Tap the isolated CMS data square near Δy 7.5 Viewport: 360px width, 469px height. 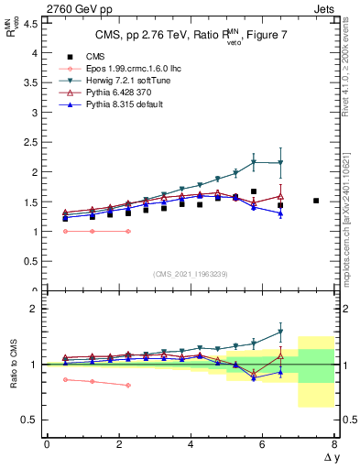pyautogui.click(x=316, y=201)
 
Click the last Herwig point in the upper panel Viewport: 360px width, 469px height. pyautogui.click(x=280, y=163)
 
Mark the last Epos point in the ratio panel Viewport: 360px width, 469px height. pyautogui.click(x=127, y=385)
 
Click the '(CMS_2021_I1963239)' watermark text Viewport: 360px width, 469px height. pyautogui.click(x=191, y=274)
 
